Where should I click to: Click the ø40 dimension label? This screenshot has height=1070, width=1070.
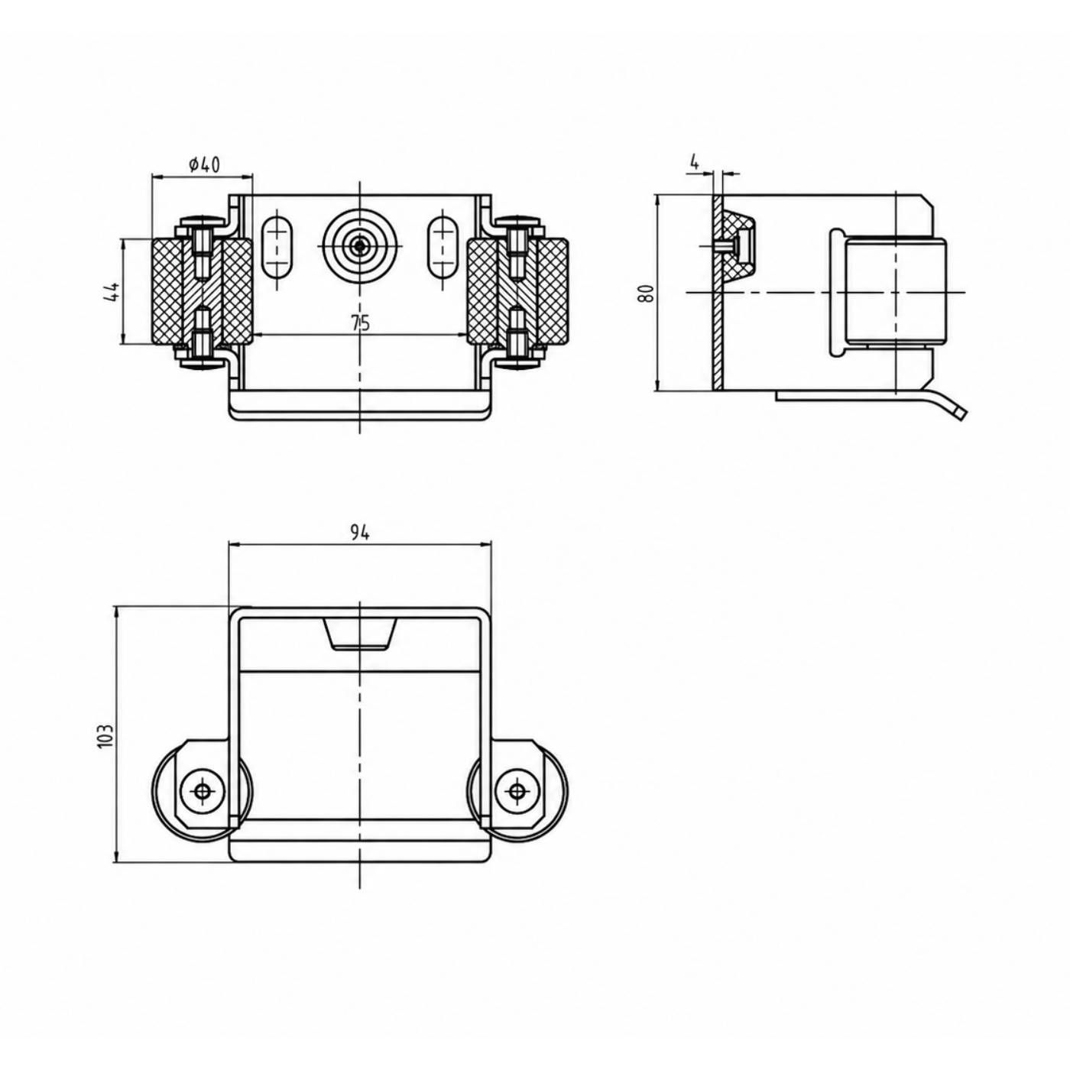204,164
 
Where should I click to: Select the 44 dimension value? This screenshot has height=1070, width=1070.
112,292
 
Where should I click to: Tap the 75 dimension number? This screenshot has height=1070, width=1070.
361,323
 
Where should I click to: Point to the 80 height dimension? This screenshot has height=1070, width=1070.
645,293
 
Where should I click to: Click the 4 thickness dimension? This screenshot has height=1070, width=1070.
694,161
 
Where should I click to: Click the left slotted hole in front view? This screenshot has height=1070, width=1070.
278,247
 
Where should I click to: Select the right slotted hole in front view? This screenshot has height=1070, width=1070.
443,247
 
